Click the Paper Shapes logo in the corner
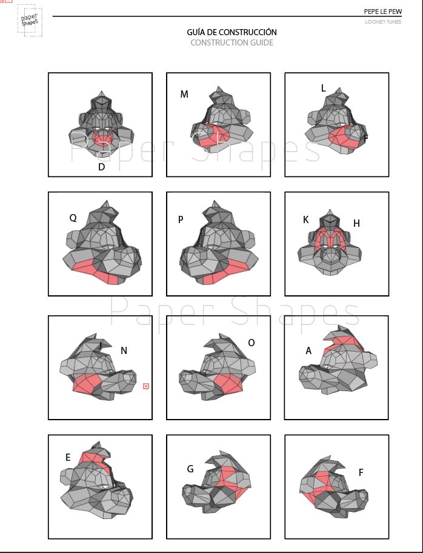pos(30,21)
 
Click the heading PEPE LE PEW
pos(383,12)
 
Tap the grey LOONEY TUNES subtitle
pos(383,22)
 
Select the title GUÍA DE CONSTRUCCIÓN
pos(231,32)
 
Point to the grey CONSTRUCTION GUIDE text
pos(231,42)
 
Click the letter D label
pos(102,167)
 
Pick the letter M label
pos(184,94)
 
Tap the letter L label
pos(323,88)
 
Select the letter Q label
pos(73,218)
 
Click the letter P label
pos(181,220)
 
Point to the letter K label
pos(305,220)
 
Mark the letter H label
pos(356,223)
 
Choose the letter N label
pos(124,350)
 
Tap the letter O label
pos(251,343)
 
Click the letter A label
pos(308,351)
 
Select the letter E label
pos(68,457)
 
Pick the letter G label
pos(190,469)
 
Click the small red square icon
pos(145,386)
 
